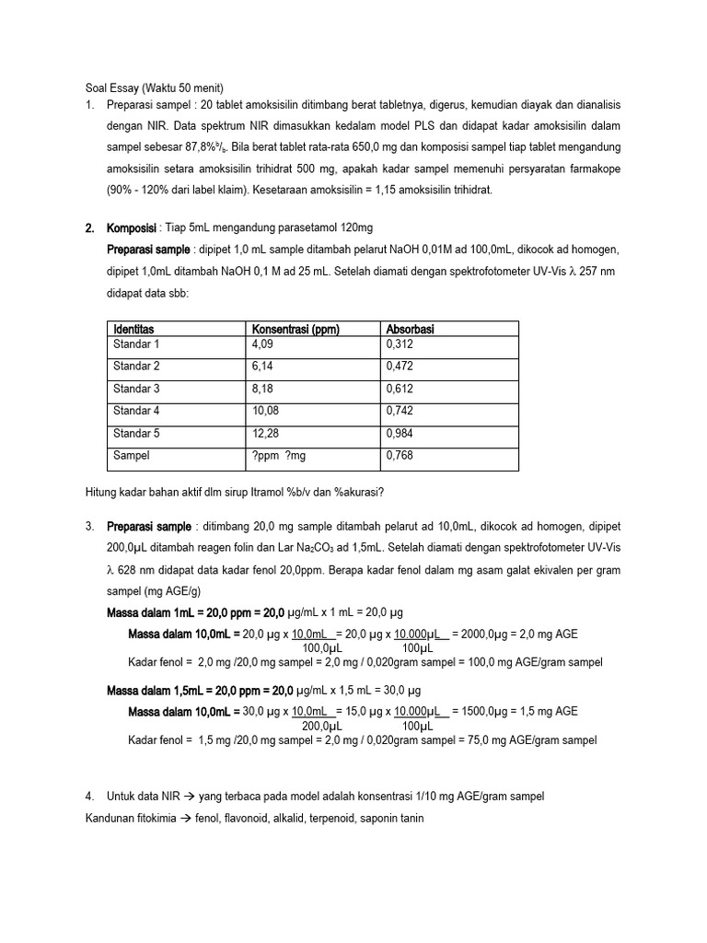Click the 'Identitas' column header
click(133, 329)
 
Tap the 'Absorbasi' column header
click(411, 329)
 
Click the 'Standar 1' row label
click(136, 343)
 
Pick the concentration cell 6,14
click(262, 366)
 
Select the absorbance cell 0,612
click(400, 389)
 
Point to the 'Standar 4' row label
click(136, 411)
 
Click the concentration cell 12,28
click(265, 433)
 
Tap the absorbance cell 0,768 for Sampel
click(400, 455)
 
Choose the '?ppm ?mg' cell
click(280, 455)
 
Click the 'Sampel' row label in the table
click(131, 455)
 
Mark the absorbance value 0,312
click(400, 343)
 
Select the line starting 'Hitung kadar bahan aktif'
click(234, 492)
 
